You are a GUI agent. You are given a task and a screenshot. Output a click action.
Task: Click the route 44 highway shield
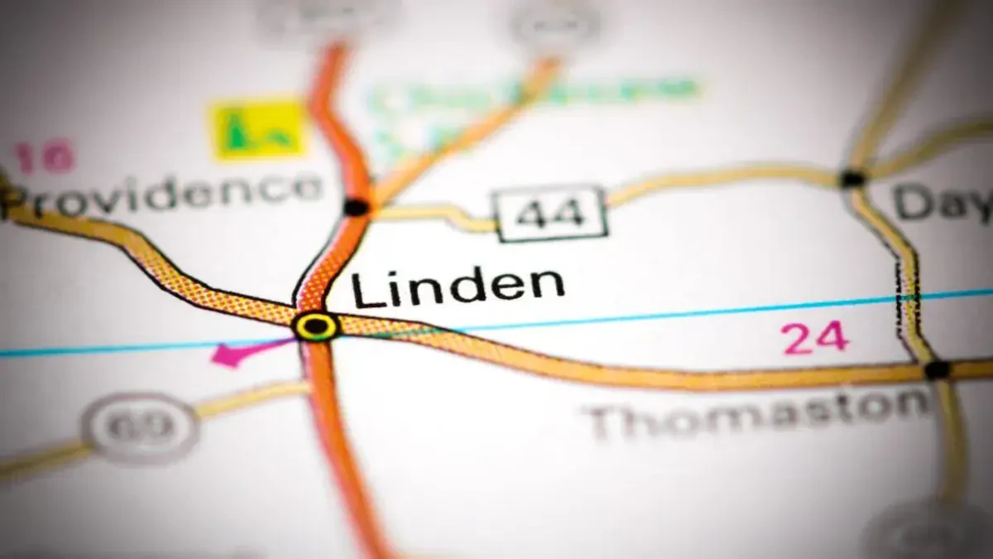(x=551, y=213)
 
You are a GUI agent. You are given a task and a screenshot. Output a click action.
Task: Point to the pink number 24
(x=815, y=337)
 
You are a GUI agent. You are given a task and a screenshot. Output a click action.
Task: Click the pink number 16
(x=43, y=157)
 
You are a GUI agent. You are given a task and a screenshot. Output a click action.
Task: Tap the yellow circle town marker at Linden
(x=316, y=325)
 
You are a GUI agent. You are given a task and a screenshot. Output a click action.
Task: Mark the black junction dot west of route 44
(x=357, y=206)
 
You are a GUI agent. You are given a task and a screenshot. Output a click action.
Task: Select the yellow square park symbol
(x=258, y=129)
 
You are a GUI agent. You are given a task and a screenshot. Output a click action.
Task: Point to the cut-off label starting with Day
(x=943, y=203)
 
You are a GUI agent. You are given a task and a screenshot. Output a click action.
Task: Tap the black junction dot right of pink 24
(x=937, y=369)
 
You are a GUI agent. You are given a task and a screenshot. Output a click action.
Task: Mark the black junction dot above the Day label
(x=851, y=178)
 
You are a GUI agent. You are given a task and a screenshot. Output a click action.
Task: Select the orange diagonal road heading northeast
(x=463, y=133)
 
